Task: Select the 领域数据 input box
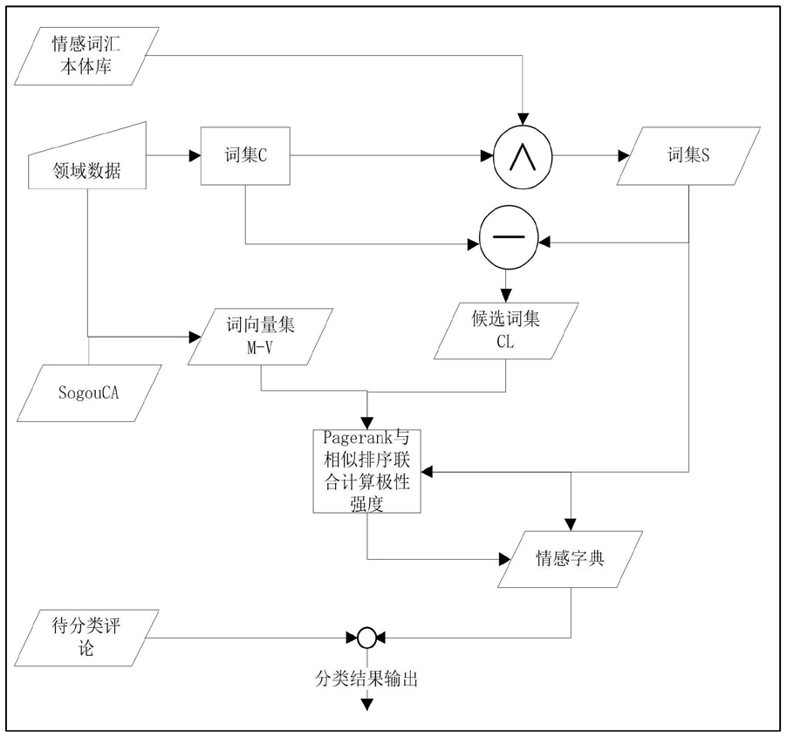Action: tap(88, 160)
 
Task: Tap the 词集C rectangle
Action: tap(244, 156)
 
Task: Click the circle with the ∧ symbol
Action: tap(524, 157)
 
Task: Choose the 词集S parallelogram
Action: tap(682, 157)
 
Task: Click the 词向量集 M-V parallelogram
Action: tap(262, 334)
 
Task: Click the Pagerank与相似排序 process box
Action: tap(366, 471)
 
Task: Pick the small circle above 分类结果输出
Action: tap(367, 639)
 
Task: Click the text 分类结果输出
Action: tap(366, 678)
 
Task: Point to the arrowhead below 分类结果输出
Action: tap(367, 704)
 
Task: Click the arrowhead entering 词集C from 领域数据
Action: tap(194, 157)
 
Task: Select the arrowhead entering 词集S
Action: tap(623, 157)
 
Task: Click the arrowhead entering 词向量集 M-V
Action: tap(194, 335)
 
